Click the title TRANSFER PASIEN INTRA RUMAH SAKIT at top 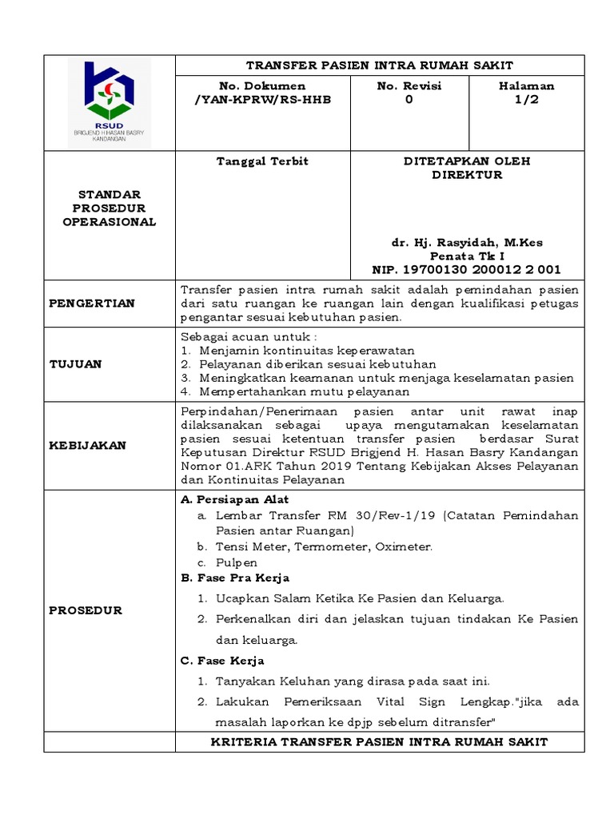(380, 65)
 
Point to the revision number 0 (409, 99)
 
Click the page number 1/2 (526, 99)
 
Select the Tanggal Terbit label (262, 161)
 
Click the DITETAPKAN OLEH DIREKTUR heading (467, 168)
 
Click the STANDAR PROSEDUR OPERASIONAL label (110, 208)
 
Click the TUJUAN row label (76, 363)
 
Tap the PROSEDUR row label (86, 610)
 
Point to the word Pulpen (237, 562)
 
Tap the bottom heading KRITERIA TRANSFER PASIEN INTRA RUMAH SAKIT (379, 742)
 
